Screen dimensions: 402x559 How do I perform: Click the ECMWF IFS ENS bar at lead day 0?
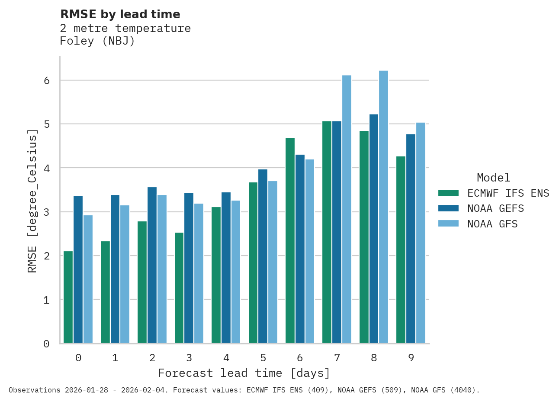click(68, 297)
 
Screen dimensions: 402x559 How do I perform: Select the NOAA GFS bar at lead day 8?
click(383, 207)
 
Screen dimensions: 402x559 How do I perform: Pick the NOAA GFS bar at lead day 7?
click(347, 209)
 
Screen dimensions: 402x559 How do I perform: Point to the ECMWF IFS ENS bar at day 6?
click(290, 240)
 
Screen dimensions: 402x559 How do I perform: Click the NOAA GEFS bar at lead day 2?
click(152, 265)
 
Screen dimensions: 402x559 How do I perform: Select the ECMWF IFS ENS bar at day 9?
click(401, 250)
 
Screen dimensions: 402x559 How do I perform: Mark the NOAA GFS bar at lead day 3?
click(199, 273)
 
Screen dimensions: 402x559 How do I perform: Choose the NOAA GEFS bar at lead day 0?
click(78, 269)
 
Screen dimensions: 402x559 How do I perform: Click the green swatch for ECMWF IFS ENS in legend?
click(448, 193)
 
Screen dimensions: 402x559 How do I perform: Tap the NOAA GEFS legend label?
click(495, 209)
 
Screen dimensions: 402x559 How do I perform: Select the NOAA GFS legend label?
click(492, 224)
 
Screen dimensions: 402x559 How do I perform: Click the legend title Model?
click(493, 178)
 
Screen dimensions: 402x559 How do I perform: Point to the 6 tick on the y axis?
click(47, 81)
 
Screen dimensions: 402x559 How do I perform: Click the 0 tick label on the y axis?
click(47, 344)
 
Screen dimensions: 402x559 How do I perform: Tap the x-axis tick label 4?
click(226, 358)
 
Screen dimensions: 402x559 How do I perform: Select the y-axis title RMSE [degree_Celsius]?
click(32, 201)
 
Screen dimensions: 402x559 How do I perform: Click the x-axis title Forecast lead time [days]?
click(244, 373)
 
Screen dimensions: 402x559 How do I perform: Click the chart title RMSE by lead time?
click(120, 14)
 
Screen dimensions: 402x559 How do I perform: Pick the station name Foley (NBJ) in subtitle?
click(97, 41)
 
